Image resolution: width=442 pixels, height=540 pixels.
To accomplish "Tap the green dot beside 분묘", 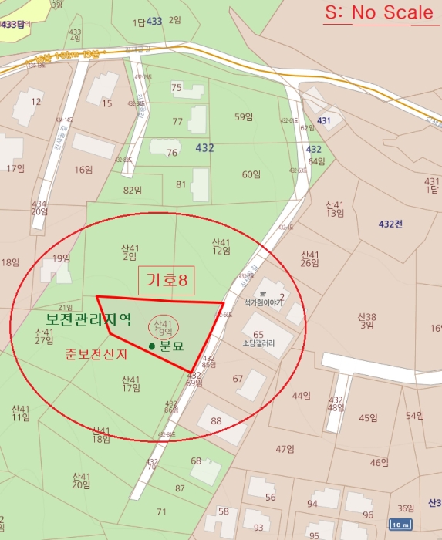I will tap(152, 346).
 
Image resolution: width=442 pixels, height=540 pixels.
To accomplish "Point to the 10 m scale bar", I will tap(400, 525).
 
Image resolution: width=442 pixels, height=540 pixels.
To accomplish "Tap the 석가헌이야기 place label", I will tap(263, 302).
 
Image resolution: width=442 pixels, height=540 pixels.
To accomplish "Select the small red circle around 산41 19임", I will tap(163, 327).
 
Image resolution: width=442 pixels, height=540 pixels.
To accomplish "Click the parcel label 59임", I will tap(244, 116).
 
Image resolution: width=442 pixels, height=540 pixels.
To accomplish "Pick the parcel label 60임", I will tap(251, 174).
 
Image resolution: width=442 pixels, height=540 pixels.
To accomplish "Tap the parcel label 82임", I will tap(133, 190).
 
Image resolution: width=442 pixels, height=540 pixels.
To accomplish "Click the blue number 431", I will tap(324, 120).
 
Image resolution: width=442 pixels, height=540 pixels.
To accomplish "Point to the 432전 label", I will tap(391, 224).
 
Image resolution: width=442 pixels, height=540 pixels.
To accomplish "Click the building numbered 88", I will tap(216, 420).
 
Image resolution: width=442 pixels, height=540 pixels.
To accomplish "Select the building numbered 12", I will tap(36, 101).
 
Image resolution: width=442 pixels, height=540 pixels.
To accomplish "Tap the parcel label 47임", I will tap(285, 449).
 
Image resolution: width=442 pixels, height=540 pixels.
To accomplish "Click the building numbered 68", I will tap(196, 461).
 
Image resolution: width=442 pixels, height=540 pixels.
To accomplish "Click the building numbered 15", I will tap(106, 103).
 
